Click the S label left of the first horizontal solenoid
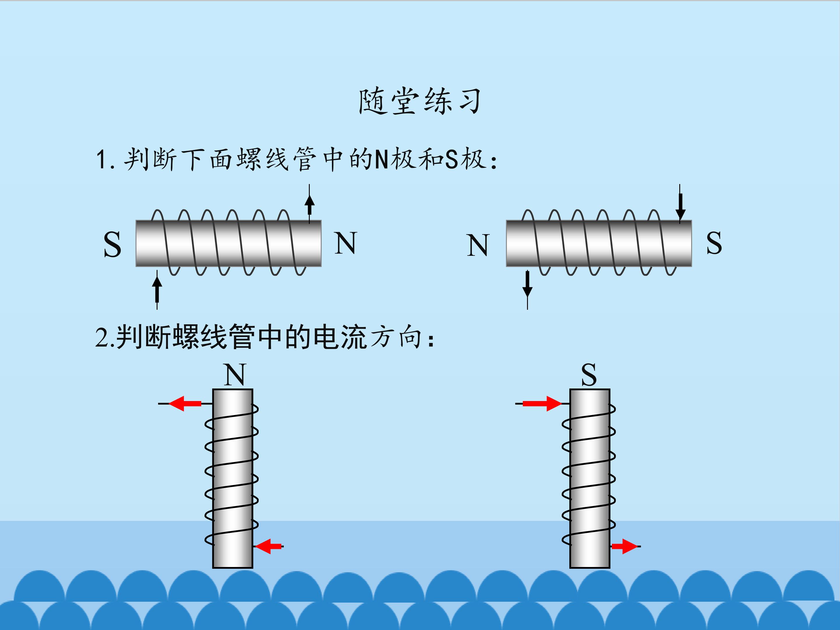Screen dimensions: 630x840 (112, 245)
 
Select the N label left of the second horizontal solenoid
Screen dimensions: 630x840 (478, 245)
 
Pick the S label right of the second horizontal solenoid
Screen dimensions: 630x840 (714, 243)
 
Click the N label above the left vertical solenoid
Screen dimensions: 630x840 (235, 375)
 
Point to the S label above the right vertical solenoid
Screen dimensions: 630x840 (589, 375)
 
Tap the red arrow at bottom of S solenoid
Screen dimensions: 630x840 (624, 547)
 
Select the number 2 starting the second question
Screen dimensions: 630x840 (102, 337)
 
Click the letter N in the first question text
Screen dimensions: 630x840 (381, 160)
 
